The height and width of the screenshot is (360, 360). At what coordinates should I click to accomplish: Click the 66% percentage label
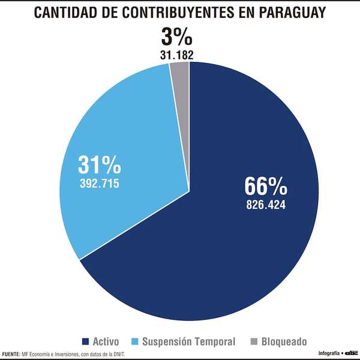[x=265, y=187]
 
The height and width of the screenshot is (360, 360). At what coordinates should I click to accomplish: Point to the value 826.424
[x=265, y=205]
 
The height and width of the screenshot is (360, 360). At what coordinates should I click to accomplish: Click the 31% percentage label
[x=99, y=164]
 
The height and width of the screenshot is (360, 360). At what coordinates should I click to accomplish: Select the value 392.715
[x=99, y=183]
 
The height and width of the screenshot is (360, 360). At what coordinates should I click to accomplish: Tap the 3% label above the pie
[x=176, y=38]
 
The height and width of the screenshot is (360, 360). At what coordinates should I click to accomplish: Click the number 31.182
[x=176, y=55]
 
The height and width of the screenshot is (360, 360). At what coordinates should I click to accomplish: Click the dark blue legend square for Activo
[x=85, y=342]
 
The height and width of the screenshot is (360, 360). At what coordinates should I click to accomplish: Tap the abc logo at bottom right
[x=350, y=353]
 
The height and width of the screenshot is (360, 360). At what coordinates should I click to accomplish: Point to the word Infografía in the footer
[x=328, y=353]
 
